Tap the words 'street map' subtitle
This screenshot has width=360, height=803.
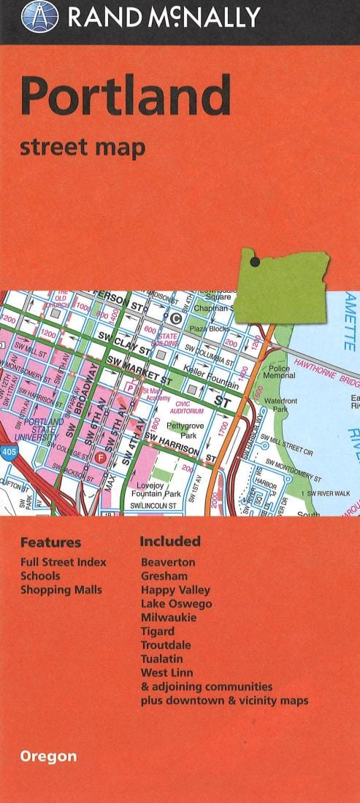[x=83, y=147]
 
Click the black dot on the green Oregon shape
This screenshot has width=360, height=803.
[x=255, y=261]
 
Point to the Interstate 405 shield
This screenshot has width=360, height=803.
[x=7, y=453]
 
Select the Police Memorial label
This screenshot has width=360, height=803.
[x=279, y=374]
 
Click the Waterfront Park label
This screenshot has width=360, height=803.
[x=280, y=405]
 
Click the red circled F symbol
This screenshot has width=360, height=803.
[x=102, y=458]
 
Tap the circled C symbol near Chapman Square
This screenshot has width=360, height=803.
[x=175, y=318]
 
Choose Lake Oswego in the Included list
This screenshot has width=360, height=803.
[x=176, y=604]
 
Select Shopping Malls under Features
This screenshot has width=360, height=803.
[x=61, y=590]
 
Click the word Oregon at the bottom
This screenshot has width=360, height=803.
[x=48, y=756]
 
